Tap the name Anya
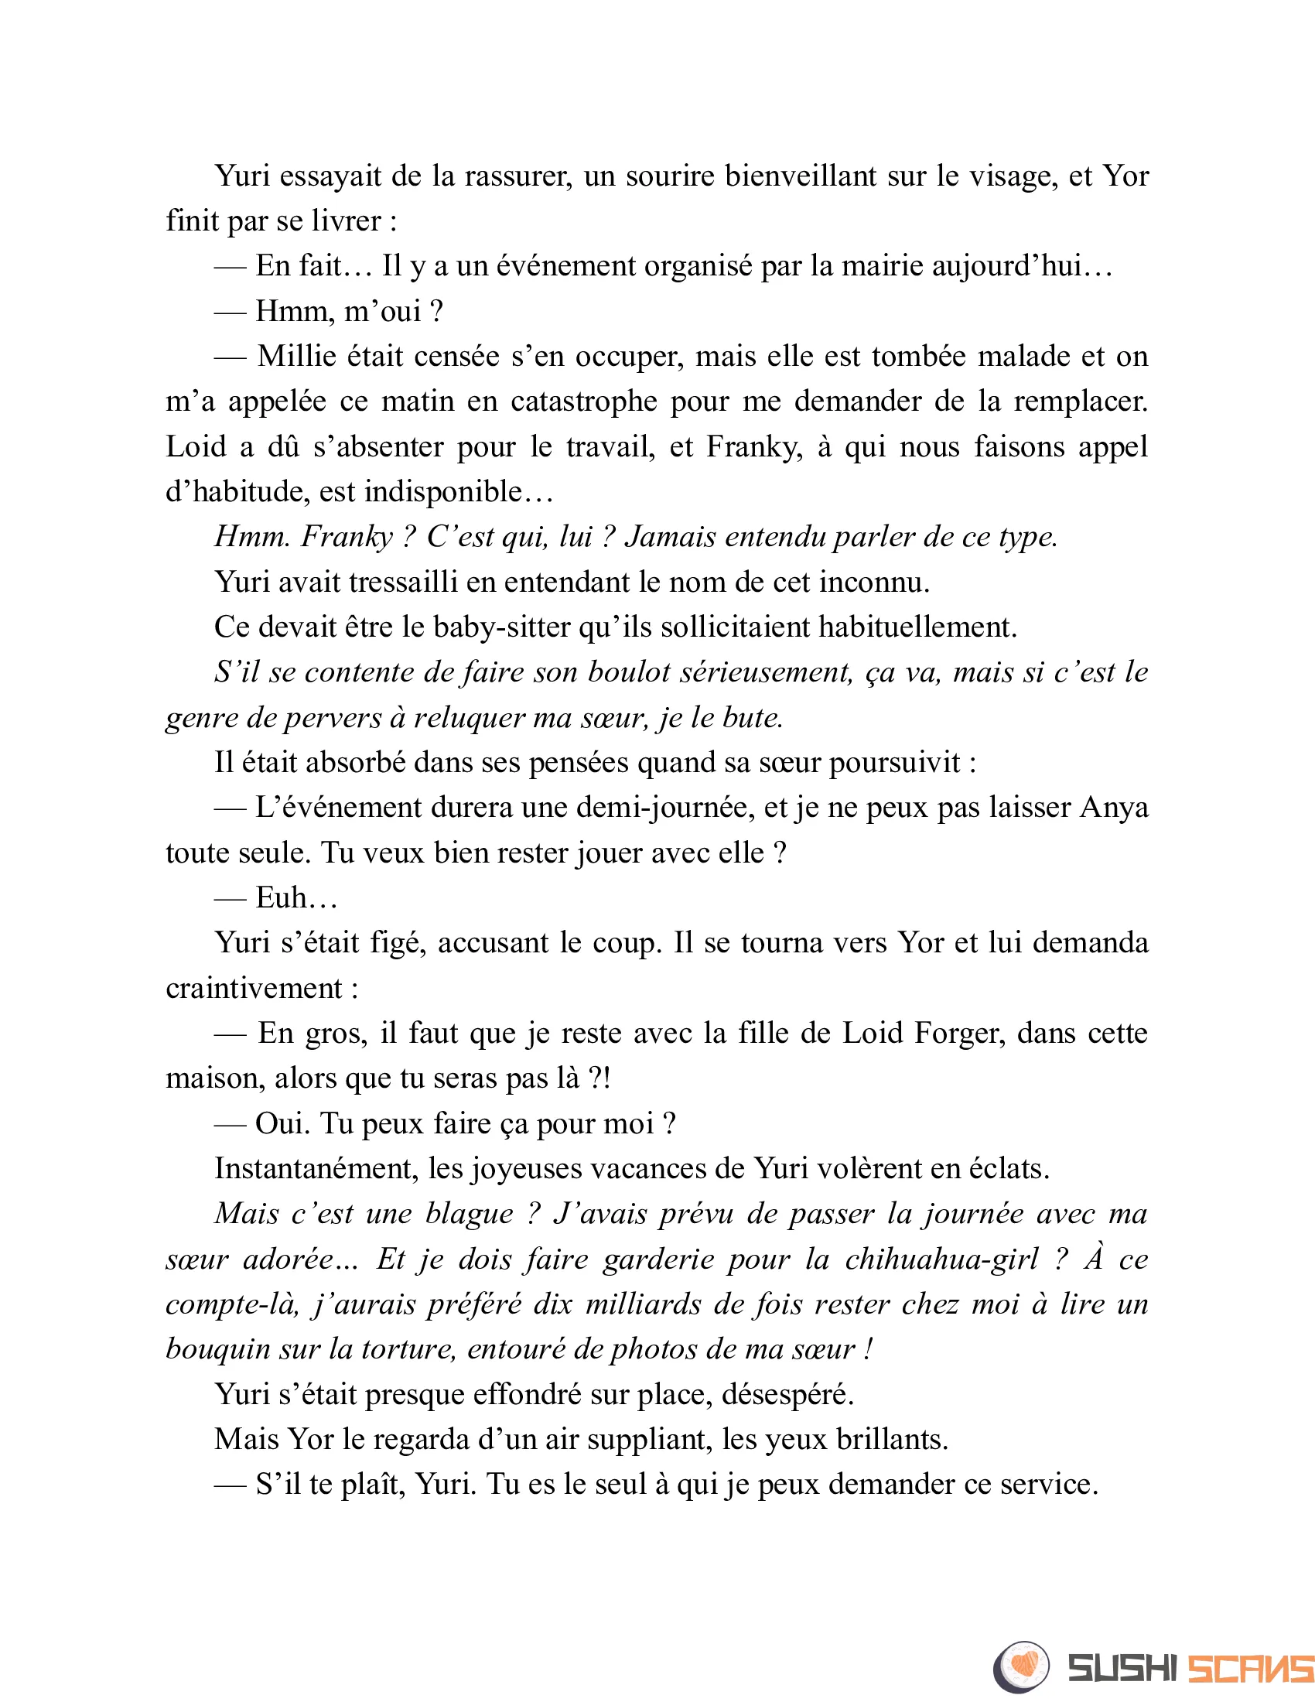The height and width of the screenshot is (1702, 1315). point(1113,808)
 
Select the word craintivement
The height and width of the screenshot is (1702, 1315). point(253,989)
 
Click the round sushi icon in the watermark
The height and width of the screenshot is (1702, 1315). point(1021,1667)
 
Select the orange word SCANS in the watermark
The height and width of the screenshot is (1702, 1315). point(1250,1669)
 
